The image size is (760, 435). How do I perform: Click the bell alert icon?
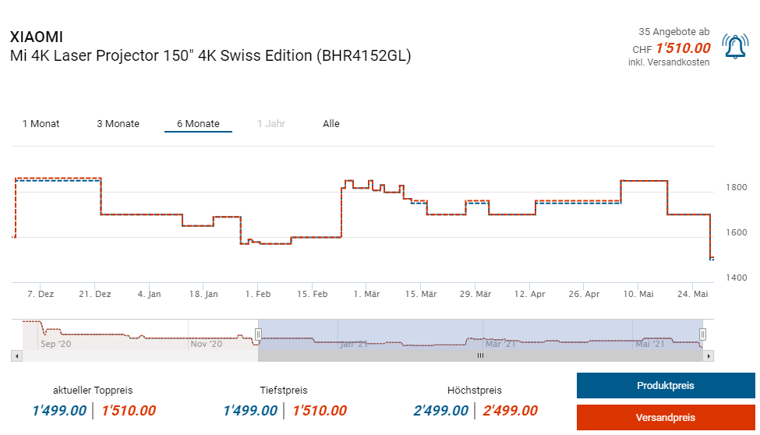coord(734,47)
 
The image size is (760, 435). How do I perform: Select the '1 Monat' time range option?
coord(41,124)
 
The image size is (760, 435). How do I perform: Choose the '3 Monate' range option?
coord(118,124)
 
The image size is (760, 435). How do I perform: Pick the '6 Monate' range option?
coord(198,124)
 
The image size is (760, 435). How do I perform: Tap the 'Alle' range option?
coord(331,124)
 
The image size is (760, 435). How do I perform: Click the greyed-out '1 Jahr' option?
coord(271,124)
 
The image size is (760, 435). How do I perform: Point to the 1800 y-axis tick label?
coord(736,188)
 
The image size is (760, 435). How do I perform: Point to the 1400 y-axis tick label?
coord(736,278)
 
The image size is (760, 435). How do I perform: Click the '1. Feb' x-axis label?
coord(257,294)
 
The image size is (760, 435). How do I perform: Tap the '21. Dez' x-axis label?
coord(94,294)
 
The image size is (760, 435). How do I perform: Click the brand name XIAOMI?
coord(36,37)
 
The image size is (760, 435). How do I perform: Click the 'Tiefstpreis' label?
coord(284,391)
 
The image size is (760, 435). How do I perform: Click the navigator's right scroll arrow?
coord(708,355)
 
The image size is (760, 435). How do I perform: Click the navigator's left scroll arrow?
coord(16,355)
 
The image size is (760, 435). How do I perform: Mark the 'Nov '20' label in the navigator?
coord(207,343)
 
